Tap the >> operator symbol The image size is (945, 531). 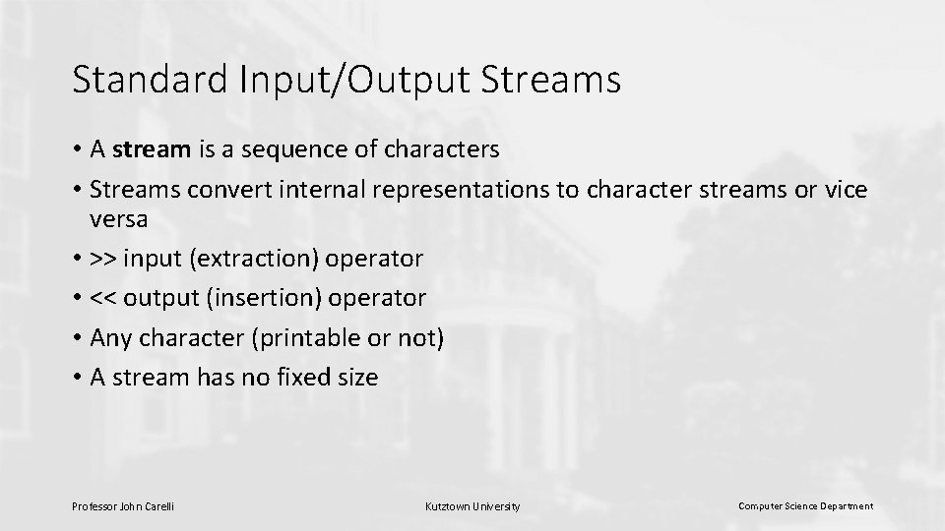[x=101, y=259]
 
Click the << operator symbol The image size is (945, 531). [x=101, y=298]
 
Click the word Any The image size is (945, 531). [x=109, y=338]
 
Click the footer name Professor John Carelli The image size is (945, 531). [x=123, y=506]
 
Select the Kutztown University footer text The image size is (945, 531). [x=472, y=506]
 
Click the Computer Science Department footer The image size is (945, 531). [x=805, y=506]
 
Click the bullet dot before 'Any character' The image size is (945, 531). [x=77, y=339]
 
